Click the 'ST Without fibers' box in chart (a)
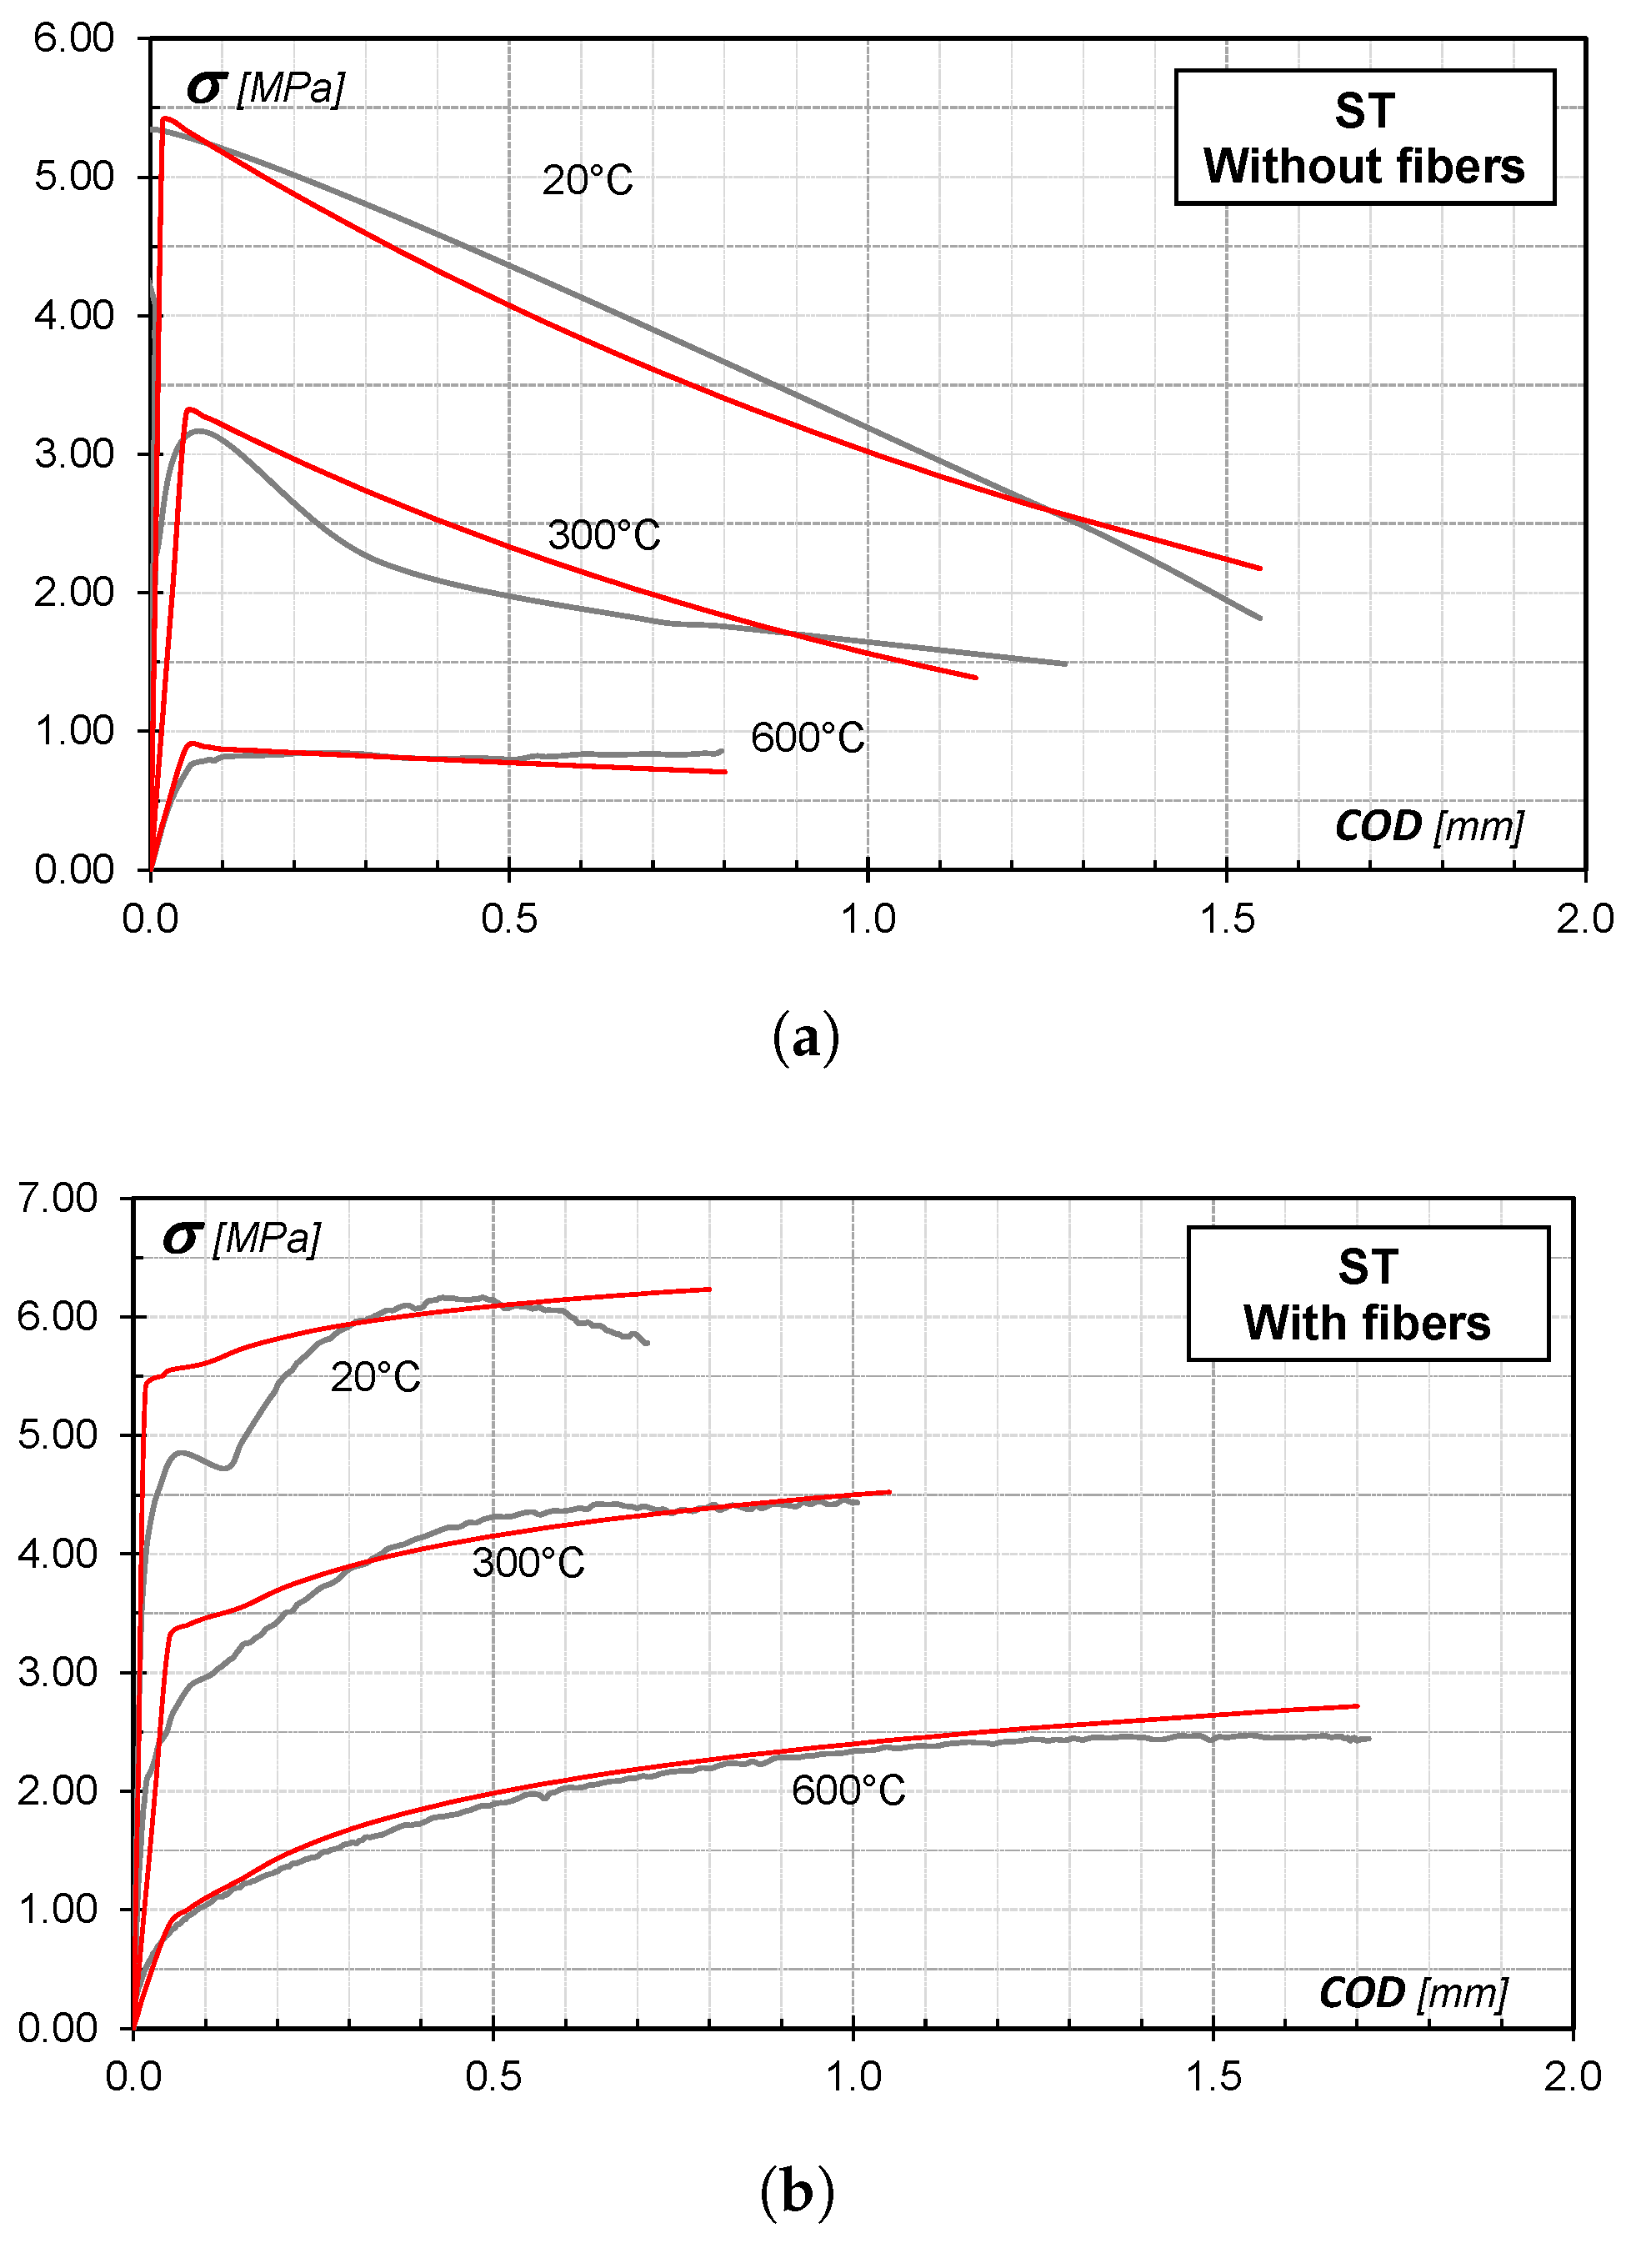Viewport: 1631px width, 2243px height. (x=1364, y=138)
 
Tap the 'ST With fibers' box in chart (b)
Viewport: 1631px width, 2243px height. (x=1368, y=1294)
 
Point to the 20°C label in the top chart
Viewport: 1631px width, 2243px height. (x=588, y=181)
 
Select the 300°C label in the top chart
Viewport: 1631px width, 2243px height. (x=603, y=535)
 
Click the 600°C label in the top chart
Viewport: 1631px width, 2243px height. (x=807, y=738)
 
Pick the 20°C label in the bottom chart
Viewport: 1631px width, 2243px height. (x=375, y=1378)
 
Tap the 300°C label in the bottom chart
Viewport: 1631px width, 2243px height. (x=528, y=1563)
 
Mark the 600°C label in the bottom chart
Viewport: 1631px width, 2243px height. (x=848, y=1790)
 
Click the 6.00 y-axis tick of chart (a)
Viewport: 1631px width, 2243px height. (x=74, y=38)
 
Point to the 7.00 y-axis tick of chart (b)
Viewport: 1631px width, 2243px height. (x=58, y=1198)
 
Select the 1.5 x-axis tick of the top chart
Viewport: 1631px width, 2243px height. (x=1227, y=919)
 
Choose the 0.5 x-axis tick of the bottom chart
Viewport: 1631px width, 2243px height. (x=493, y=2077)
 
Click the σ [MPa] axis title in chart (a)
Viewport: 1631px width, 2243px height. (x=265, y=88)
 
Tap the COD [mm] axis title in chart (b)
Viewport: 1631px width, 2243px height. (x=1413, y=1993)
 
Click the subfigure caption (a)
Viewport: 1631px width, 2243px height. (x=805, y=1038)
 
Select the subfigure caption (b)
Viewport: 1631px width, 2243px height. (x=798, y=2191)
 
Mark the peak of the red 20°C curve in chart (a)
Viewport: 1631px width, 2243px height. (x=164, y=118)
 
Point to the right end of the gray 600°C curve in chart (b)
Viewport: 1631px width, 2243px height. (x=1369, y=1739)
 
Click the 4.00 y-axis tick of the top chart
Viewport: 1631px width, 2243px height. (x=74, y=315)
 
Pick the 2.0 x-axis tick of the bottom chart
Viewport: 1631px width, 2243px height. (x=1573, y=2077)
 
